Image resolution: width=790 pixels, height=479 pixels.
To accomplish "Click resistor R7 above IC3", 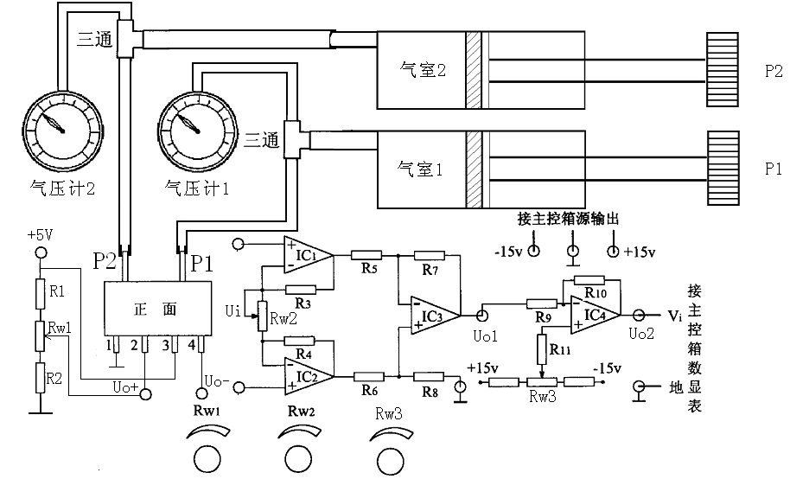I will (x=430, y=256).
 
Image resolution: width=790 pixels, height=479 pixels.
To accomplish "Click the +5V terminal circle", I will (x=38, y=252).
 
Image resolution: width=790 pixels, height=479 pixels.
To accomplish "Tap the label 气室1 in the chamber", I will (x=420, y=169).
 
